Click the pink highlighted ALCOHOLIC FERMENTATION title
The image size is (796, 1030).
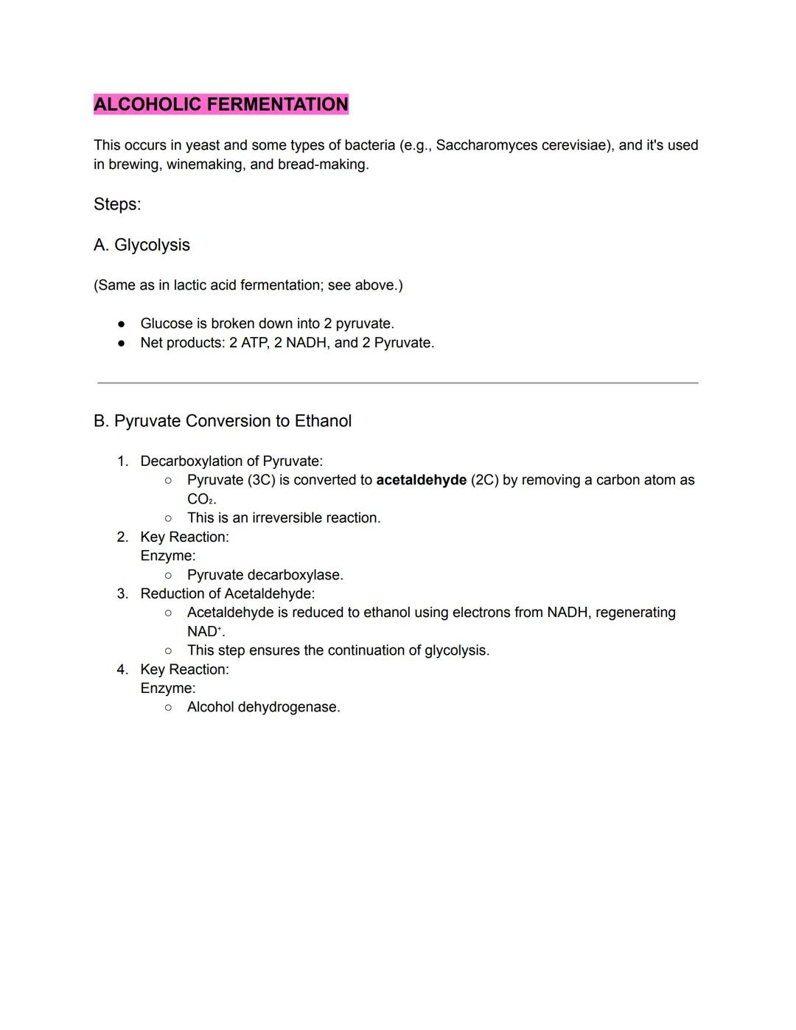click(x=220, y=105)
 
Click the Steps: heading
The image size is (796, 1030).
click(x=117, y=204)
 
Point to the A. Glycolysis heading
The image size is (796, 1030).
click(x=142, y=245)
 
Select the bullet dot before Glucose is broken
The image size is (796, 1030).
click(x=122, y=324)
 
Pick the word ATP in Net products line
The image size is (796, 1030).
click(x=254, y=343)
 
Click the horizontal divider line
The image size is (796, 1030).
click(x=398, y=383)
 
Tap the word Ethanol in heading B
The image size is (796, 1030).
click(x=323, y=421)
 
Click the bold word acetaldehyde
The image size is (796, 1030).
click(x=421, y=480)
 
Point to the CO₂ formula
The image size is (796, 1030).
click(x=200, y=499)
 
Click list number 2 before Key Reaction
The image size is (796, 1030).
click(x=122, y=537)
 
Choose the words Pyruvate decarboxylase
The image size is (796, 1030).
click(x=265, y=575)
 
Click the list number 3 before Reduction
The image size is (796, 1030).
click(x=122, y=594)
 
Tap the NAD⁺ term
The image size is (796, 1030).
click(x=204, y=632)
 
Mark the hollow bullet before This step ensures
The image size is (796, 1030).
click(x=169, y=650)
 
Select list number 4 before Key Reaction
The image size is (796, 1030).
click(x=122, y=669)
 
